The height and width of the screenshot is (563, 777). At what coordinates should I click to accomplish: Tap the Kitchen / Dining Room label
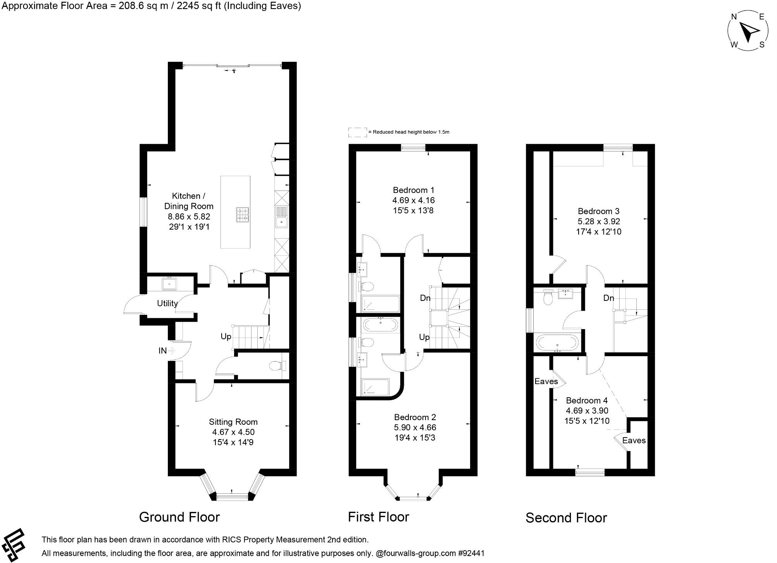click(x=189, y=201)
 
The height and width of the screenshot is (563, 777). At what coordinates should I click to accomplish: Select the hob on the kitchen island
click(x=243, y=215)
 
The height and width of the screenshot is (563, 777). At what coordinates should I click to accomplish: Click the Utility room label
click(x=167, y=303)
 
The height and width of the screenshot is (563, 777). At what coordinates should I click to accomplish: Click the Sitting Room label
click(x=233, y=422)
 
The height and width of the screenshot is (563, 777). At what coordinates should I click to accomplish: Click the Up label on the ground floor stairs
click(x=226, y=336)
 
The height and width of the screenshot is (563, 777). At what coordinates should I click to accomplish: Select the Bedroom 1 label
click(x=413, y=190)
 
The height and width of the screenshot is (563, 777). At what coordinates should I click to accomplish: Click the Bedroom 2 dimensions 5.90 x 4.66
click(x=415, y=427)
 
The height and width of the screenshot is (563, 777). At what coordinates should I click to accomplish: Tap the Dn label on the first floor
click(x=425, y=298)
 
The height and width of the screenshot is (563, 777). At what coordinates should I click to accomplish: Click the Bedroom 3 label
click(x=598, y=211)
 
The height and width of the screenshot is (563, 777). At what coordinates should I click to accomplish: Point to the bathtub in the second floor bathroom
click(x=557, y=343)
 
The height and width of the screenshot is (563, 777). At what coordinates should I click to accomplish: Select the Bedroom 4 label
click(x=587, y=400)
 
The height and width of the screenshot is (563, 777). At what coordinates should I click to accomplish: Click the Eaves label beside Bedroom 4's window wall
click(x=634, y=440)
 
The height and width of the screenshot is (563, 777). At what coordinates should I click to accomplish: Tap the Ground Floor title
click(x=179, y=517)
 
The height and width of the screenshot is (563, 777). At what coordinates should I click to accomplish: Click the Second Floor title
click(x=566, y=518)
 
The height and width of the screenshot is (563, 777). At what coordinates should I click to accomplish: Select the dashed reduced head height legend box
click(x=357, y=132)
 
